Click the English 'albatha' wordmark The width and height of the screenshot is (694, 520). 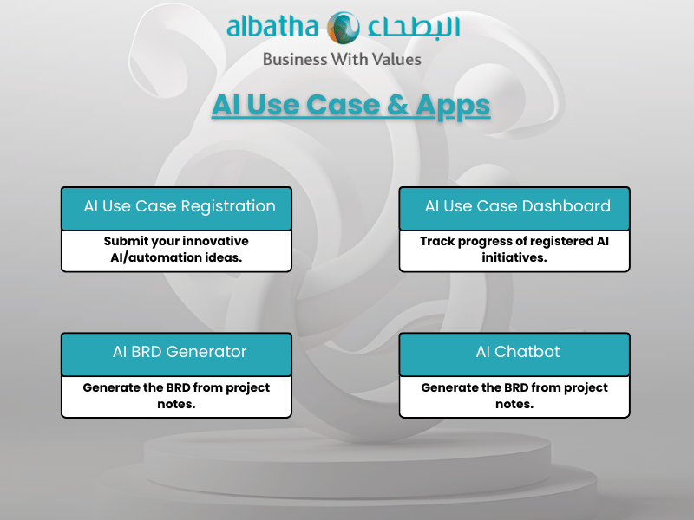click(273, 28)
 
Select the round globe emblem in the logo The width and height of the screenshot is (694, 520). click(344, 28)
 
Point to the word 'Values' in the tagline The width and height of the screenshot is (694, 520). click(395, 60)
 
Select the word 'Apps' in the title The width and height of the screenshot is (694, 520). click(453, 105)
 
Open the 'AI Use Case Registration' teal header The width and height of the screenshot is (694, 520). click(176, 208)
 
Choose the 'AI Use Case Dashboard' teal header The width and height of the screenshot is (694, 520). click(514, 208)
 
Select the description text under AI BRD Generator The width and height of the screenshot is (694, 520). click(176, 395)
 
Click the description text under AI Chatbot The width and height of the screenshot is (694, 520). click(514, 395)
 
